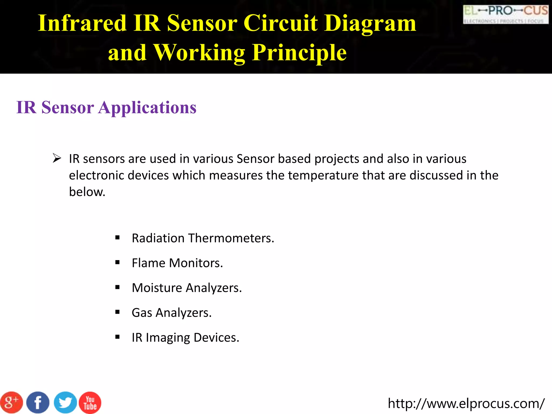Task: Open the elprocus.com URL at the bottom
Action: (x=466, y=403)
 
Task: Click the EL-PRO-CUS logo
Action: (x=506, y=14)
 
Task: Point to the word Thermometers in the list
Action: (x=231, y=238)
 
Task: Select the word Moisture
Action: (x=157, y=288)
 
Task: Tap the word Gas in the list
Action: (x=142, y=313)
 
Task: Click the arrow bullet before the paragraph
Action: (x=57, y=158)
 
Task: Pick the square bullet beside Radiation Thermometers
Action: (x=117, y=237)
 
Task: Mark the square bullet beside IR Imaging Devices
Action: (x=117, y=337)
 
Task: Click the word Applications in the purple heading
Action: (x=147, y=108)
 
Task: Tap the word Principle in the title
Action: (x=299, y=53)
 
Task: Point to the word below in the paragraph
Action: (x=87, y=192)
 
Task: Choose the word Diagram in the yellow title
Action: (x=370, y=24)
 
